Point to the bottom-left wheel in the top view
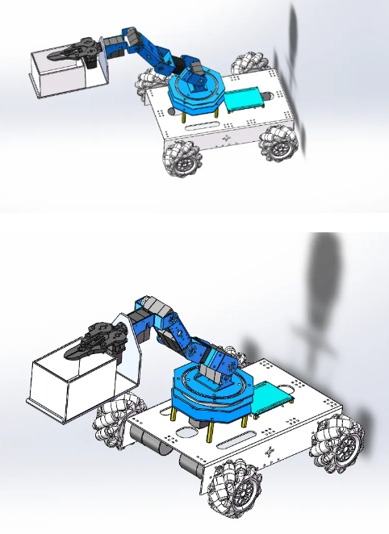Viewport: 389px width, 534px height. pyautogui.click(x=184, y=156)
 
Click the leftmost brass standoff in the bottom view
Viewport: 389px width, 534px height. pyautogui.click(x=174, y=419)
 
